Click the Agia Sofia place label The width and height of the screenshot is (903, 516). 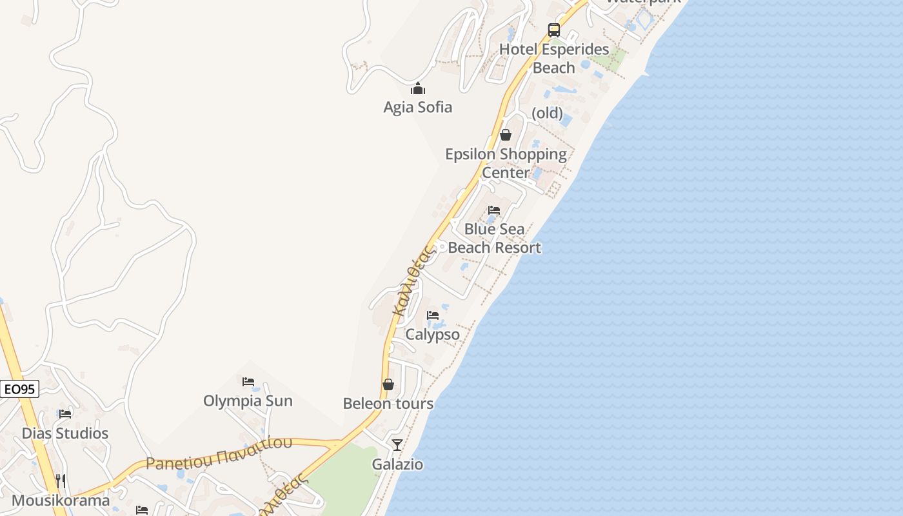[x=418, y=107]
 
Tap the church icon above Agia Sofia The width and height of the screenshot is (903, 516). [x=418, y=88]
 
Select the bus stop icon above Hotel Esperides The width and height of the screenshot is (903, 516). [x=554, y=30]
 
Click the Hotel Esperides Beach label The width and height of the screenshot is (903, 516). [x=554, y=58]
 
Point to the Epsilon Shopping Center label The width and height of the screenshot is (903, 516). [x=506, y=163]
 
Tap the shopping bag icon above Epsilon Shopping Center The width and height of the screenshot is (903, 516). [x=506, y=135]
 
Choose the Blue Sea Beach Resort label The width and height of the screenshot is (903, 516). [x=494, y=238]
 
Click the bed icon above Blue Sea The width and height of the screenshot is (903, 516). [x=494, y=210]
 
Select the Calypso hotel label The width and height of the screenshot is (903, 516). [x=432, y=334]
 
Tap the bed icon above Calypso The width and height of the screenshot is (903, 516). [x=433, y=315]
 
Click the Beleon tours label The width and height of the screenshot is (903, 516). [x=388, y=404]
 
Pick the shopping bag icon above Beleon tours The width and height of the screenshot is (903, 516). [x=388, y=384]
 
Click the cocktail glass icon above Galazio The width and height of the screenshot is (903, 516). [x=397, y=445]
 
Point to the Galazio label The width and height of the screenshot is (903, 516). [x=397, y=464]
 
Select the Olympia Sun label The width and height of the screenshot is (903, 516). [x=248, y=401]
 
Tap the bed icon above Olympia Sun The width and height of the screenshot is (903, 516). [x=248, y=382]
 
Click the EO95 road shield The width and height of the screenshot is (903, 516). [x=19, y=389]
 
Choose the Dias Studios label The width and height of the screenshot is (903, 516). [x=65, y=433]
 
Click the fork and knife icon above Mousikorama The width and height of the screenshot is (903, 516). [x=60, y=481]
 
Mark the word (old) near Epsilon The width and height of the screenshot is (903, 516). [x=547, y=114]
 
